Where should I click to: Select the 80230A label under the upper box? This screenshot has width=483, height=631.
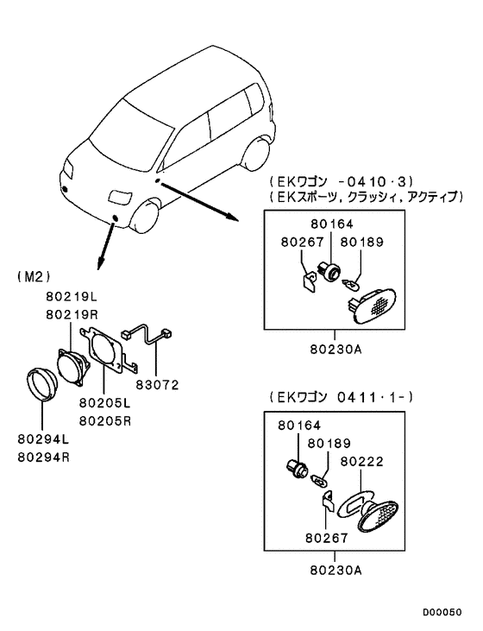click(x=335, y=351)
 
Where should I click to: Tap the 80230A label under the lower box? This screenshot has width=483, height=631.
click(x=335, y=570)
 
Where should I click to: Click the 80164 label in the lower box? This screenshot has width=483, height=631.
click(x=298, y=426)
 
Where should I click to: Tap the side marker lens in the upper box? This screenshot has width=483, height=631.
click(x=374, y=303)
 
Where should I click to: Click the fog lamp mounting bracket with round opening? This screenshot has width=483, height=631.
click(x=106, y=355)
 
